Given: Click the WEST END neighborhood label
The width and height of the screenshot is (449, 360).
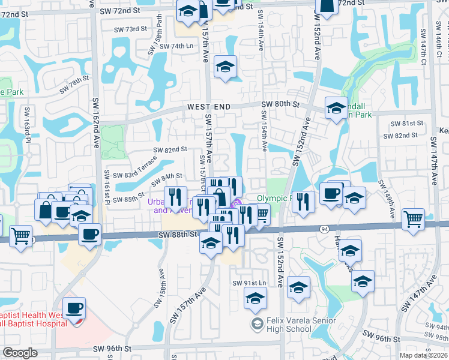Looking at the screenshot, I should pyautogui.click(x=209, y=106).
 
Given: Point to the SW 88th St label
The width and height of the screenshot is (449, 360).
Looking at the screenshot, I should pyautogui.click(x=179, y=235).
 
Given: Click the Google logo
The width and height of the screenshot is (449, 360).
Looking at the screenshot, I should pyautogui.click(x=20, y=353).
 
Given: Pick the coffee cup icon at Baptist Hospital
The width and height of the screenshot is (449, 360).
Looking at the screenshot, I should pyautogui.click(x=74, y=308).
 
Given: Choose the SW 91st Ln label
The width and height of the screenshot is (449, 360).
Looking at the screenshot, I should pyautogui.click(x=249, y=283).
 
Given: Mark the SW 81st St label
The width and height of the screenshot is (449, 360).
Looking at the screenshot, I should pyautogui.click(x=407, y=123).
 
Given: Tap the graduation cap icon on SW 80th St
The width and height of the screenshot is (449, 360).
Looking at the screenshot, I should pyautogui.click(x=336, y=108).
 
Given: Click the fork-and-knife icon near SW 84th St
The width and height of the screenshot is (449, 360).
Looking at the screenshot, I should pyautogui.click(x=175, y=196).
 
